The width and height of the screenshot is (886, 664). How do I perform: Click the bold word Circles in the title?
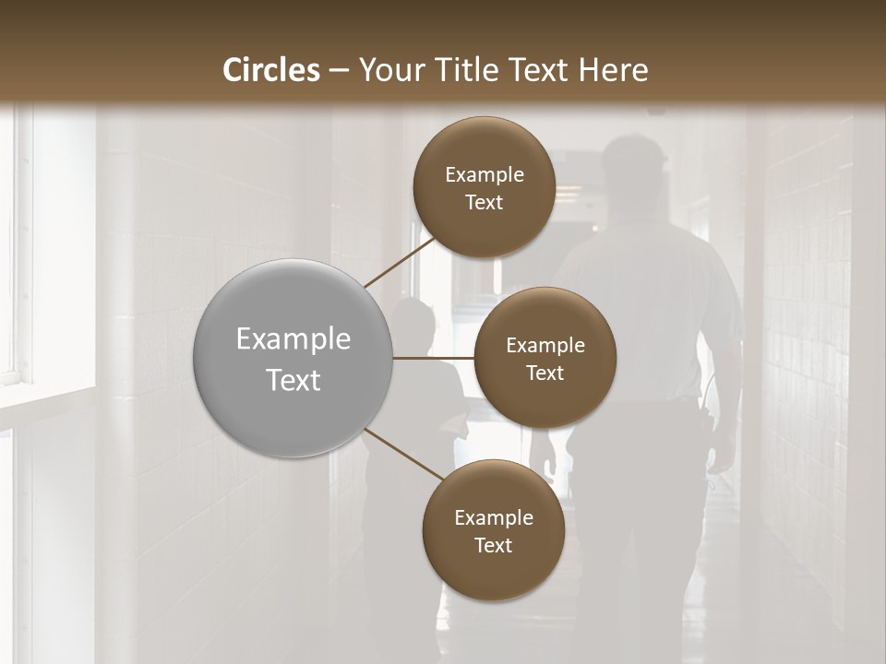tap(271, 70)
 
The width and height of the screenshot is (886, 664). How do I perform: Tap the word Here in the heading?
tap(613, 70)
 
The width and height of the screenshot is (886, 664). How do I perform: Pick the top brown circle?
tap(484, 186)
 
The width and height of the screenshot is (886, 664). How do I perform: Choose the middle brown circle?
tap(545, 358)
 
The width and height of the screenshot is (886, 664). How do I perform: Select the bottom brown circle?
tap(493, 530)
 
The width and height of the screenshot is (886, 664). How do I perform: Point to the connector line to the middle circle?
tap(434, 358)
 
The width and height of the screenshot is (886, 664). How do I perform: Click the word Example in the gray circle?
tap(293, 339)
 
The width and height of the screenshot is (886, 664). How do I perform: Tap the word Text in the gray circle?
tap(293, 380)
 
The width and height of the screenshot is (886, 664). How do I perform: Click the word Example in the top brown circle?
tap(485, 174)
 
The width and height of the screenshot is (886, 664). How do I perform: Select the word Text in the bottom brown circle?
tap(493, 545)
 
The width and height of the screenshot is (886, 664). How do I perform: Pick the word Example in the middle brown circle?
tap(545, 345)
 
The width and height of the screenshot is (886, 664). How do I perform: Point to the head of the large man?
tap(634, 166)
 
